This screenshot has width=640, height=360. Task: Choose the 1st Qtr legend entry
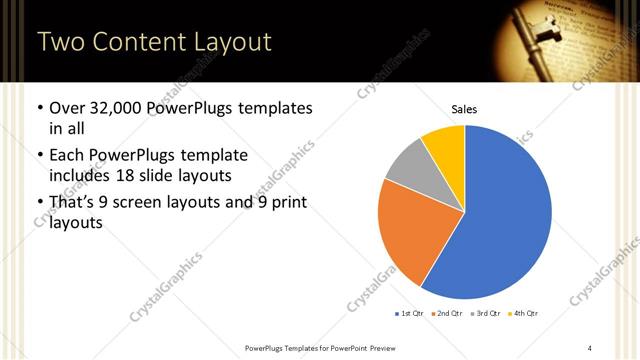tap(410, 314)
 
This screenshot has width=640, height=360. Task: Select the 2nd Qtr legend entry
tap(447, 314)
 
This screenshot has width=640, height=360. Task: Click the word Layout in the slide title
tap(229, 42)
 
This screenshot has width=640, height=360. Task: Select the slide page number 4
tap(589, 347)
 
